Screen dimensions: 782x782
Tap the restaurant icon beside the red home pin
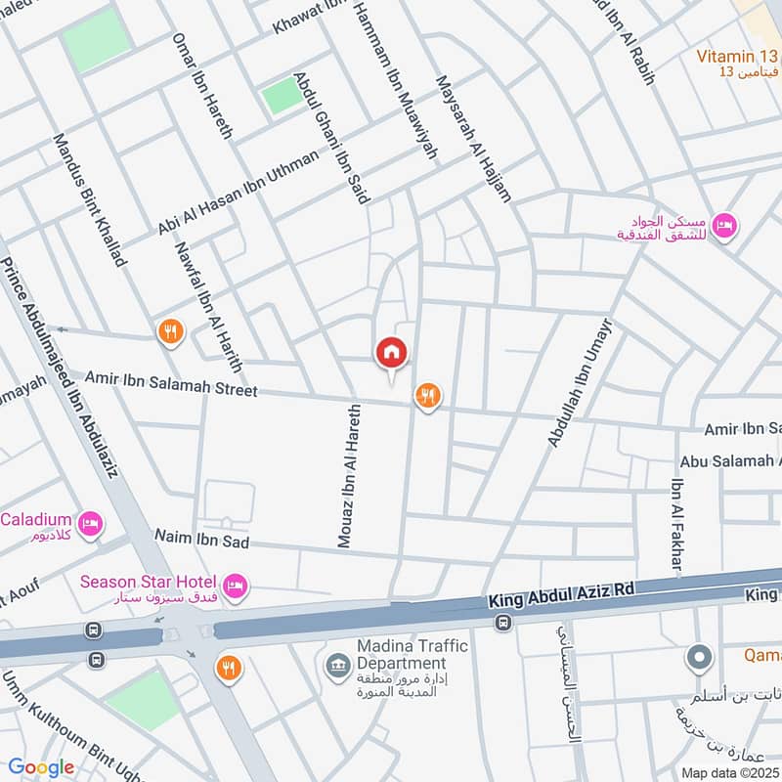427,396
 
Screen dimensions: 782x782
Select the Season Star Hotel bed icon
235,586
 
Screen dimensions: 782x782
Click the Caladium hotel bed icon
91,524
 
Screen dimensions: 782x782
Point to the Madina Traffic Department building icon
334,666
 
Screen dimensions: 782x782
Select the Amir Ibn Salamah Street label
171,383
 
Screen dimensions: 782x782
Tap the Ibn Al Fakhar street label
676,525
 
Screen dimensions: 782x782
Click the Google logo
41,767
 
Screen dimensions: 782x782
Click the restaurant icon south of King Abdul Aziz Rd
228,669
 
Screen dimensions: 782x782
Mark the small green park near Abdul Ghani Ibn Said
282,95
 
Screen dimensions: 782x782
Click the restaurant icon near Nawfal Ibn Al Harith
171,332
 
